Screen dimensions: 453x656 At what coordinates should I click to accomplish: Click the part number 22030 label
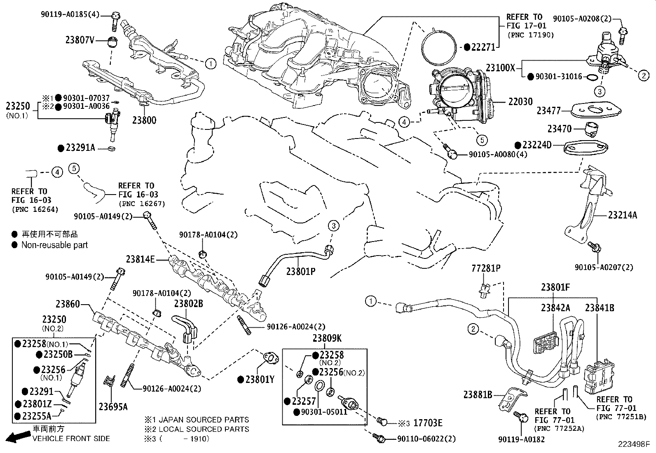(520, 101)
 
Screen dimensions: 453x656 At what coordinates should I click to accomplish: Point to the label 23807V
(80, 40)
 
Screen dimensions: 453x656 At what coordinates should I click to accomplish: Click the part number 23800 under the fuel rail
(144, 120)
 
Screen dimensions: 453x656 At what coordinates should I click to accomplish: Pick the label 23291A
(80, 147)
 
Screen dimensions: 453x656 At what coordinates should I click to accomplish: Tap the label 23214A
(622, 215)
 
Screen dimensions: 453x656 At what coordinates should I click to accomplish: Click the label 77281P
(486, 269)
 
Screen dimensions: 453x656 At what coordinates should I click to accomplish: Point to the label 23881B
(478, 394)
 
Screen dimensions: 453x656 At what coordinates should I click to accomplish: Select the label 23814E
(140, 259)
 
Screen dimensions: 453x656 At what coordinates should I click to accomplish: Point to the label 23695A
(113, 407)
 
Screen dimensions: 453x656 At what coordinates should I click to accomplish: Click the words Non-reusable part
(54, 245)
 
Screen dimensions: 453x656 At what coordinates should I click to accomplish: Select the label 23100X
(500, 68)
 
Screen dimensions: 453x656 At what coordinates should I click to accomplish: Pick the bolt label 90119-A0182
(521, 439)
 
